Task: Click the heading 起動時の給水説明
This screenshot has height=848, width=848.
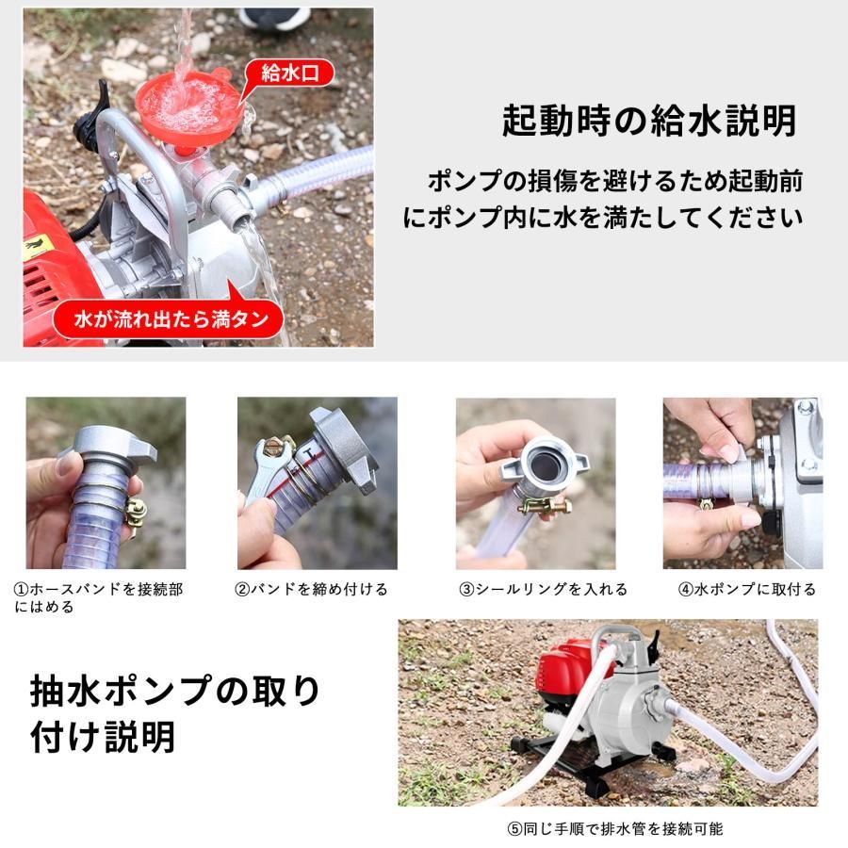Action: tap(648, 121)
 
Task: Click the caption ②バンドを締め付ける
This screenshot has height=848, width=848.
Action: tap(311, 589)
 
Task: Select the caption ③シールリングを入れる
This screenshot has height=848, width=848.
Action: tap(543, 589)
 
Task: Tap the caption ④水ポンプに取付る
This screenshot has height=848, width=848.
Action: tap(747, 589)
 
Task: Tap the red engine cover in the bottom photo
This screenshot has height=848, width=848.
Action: tap(570, 664)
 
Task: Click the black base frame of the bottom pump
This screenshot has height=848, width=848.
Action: tap(584, 758)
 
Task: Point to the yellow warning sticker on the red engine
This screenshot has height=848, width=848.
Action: tap(35, 248)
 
